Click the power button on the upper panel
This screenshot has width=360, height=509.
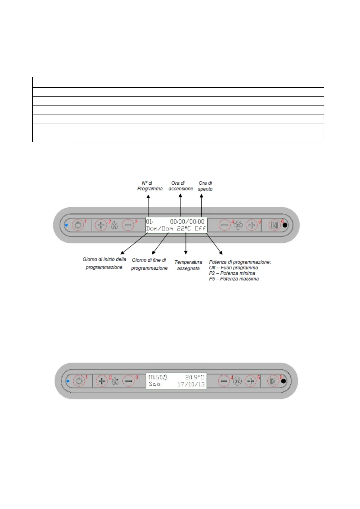tap(78, 225)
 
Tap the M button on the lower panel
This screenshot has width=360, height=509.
tap(273, 381)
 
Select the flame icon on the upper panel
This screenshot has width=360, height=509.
tap(114, 225)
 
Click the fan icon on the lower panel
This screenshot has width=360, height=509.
tap(237, 381)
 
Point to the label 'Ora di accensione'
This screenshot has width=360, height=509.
tap(181, 186)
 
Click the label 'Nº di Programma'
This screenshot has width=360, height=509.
tap(150, 186)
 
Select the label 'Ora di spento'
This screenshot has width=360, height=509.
tap(205, 186)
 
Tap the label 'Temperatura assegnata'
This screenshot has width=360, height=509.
tap(188, 265)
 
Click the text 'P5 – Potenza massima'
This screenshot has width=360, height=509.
tap(234, 279)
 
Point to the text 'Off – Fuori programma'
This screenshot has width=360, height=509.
tap(233, 267)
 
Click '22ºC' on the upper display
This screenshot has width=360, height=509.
tap(184, 229)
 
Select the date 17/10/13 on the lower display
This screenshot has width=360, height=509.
tap(191, 384)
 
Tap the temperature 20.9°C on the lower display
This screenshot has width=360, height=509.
tap(194, 377)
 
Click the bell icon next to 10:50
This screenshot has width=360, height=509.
tap(165, 377)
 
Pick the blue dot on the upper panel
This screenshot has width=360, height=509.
tap(66, 225)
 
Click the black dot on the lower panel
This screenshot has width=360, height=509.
tap(283, 381)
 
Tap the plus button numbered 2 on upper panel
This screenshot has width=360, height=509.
tap(101, 225)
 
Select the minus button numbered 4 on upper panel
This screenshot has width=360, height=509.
tap(225, 225)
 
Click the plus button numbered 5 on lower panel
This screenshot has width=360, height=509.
tap(250, 381)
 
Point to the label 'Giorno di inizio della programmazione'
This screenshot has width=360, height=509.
tap(104, 263)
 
